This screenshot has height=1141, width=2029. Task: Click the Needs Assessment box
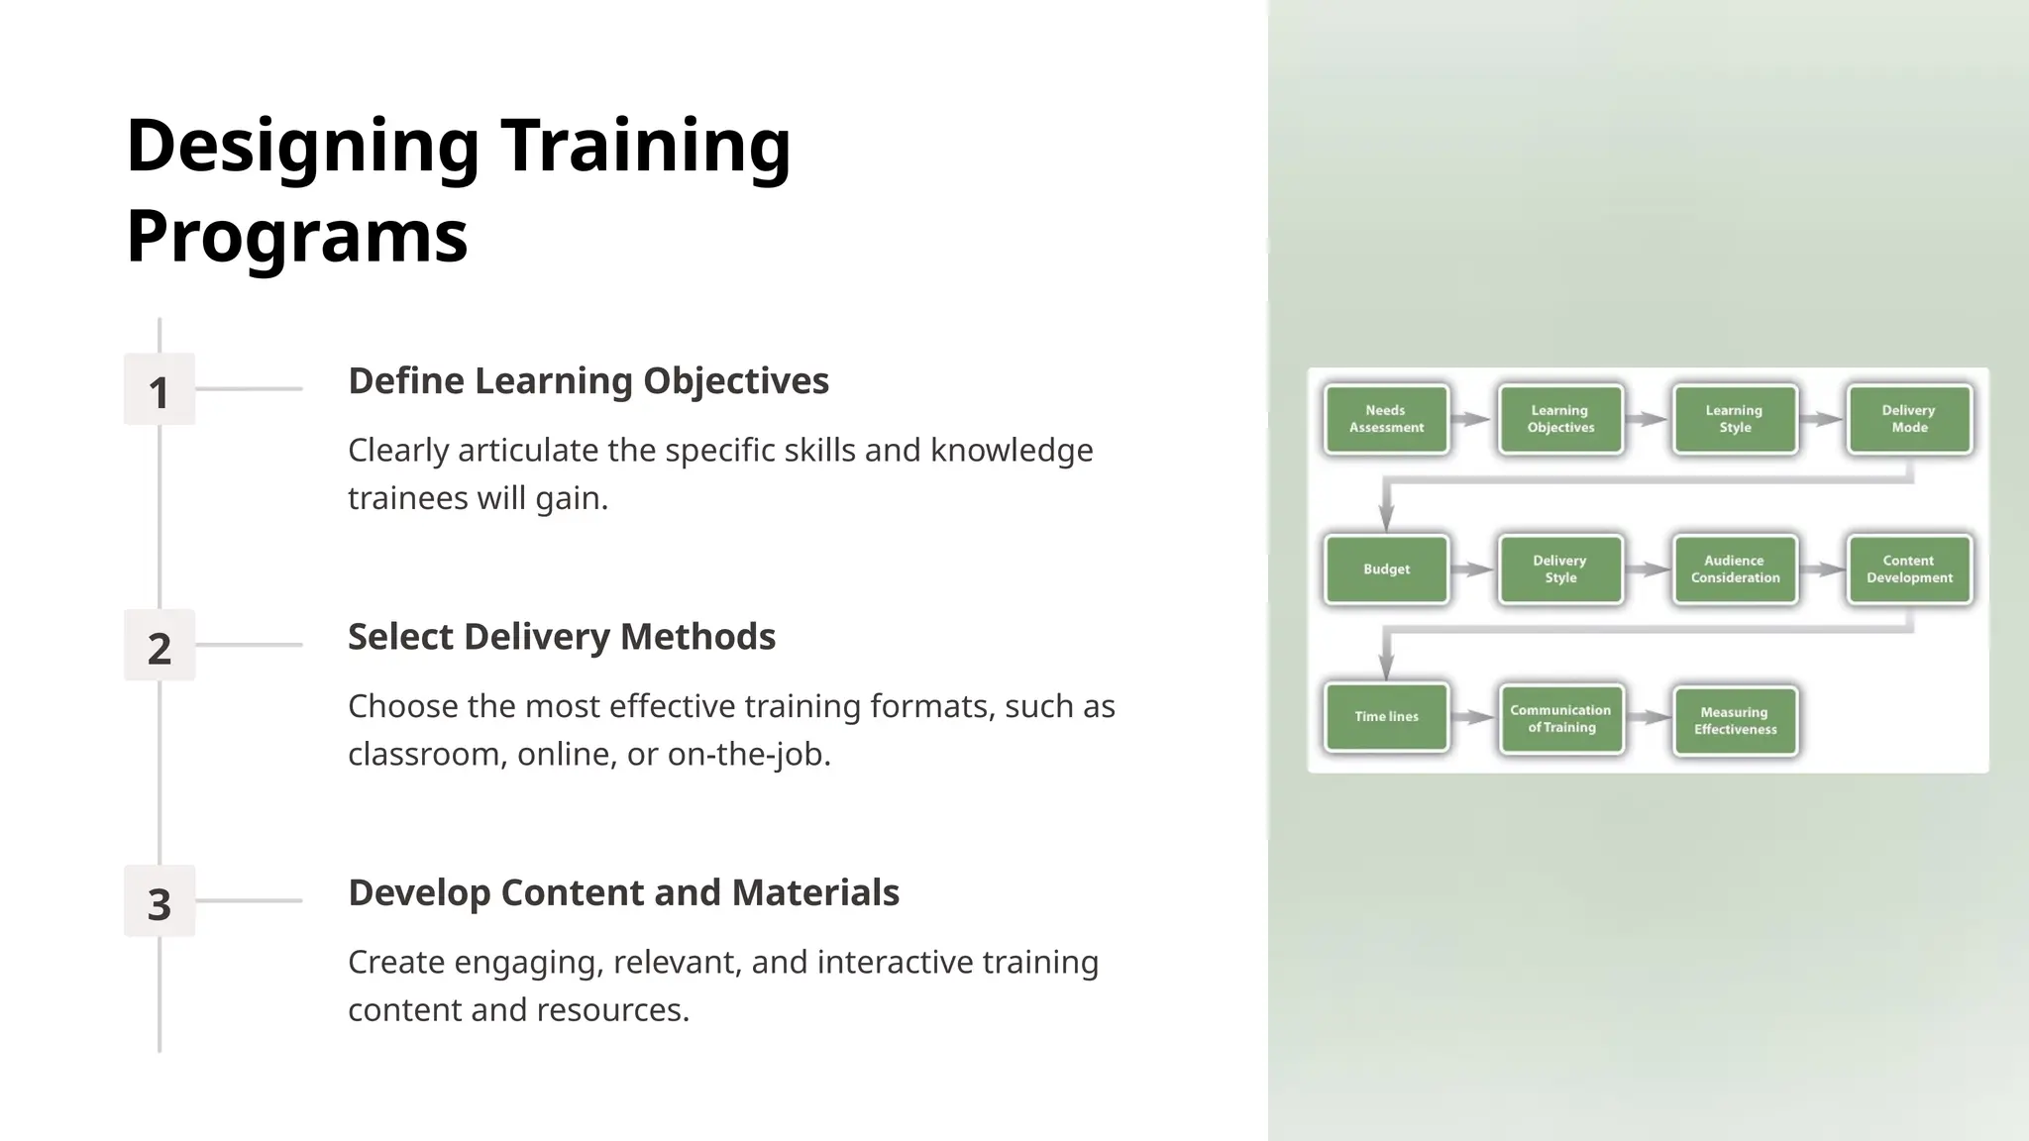coord(1386,419)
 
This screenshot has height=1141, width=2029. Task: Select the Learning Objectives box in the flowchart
coord(1560,419)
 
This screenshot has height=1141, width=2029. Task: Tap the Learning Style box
coord(1734,419)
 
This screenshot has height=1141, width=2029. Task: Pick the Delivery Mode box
coord(1908,419)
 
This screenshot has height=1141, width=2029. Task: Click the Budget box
coord(1386,570)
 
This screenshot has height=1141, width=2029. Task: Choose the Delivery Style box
coord(1560,570)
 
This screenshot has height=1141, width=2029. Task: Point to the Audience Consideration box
coord(1734,570)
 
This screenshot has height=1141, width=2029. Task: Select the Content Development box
coord(1908,570)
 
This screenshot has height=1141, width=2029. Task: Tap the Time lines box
coord(1386,717)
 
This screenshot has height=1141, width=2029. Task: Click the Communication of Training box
coord(1560,719)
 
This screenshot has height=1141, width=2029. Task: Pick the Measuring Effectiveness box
coord(1734,721)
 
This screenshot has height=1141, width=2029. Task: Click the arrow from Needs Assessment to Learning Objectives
coord(1472,419)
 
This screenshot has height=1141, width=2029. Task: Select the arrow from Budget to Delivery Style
coord(1472,570)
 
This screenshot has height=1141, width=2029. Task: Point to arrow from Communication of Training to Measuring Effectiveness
coord(1648,717)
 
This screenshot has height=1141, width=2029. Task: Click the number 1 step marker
coord(159,390)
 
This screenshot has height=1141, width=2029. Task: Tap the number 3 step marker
coord(159,902)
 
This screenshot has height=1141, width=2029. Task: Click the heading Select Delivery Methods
coord(561,637)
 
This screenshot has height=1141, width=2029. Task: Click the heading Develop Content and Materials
coord(623,892)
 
